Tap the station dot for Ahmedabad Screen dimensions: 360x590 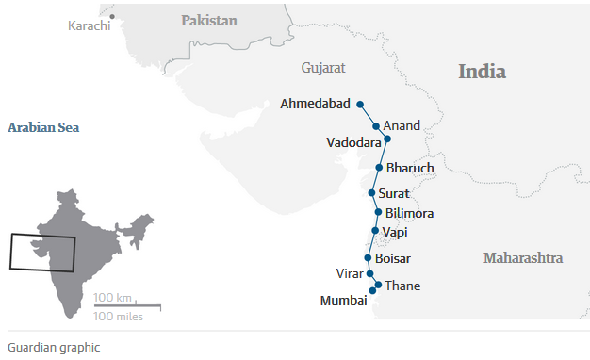pyautogui.click(x=360, y=104)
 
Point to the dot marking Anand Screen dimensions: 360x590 pyautogui.click(x=376, y=125)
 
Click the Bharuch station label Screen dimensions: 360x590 pyautogui.click(x=410, y=168)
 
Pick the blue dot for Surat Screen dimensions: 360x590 pyautogui.click(x=372, y=192)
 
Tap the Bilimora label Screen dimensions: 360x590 pyautogui.click(x=409, y=213)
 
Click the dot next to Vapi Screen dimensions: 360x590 pyautogui.click(x=375, y=231)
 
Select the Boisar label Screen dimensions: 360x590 pyautogui.click(x=392, y=257)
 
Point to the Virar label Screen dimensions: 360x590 pyautogui.click(x=350, y=273)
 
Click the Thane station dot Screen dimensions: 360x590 pyautogui.click(x=378, y=285)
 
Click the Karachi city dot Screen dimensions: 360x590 pyautogui.click(x=111, y=16)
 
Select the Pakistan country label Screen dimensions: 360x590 pyautogui.click(x=209, y=20)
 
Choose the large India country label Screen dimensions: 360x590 pyautogui.click(x=482, y=72)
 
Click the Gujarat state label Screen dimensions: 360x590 pyautogui.click(x=323, y=68)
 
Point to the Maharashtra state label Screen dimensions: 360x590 pyautogui.click(x=523, y=257)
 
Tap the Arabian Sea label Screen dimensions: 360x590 pyautogui.click(x=44, y=126)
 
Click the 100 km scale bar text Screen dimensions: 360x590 pyautogui.click(x=112, y=298)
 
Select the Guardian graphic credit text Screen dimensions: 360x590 pyautogui.click(x=53, y=347)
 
